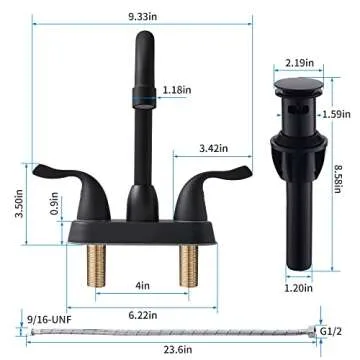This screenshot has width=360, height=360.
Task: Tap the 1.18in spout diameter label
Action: click(x=177, y=90)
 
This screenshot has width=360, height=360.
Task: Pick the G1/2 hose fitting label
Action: click(x=337, y=330)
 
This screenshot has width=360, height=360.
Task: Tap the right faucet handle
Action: click(x=217, y=180)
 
